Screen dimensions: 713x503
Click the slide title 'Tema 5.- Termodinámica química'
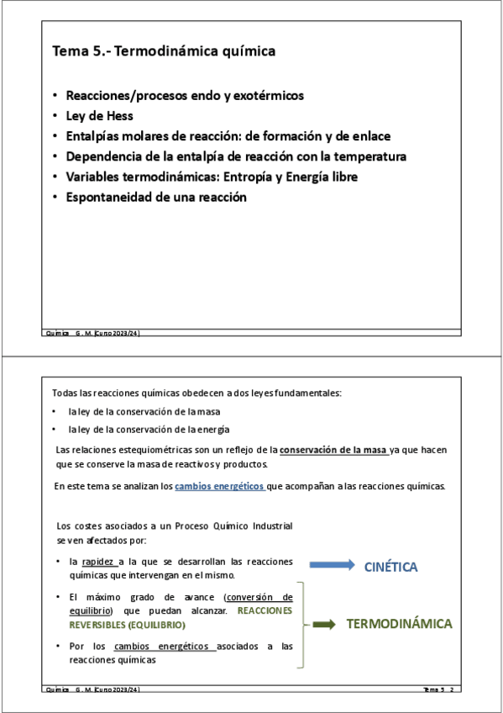[164, 52]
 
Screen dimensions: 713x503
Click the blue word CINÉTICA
[390, 568]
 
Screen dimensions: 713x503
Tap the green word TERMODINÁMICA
[399, 624]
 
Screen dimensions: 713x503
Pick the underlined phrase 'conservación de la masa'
[333, 450]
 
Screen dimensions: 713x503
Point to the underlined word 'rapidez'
[99, 562]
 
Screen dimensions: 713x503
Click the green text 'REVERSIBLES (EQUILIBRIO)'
[127, 626]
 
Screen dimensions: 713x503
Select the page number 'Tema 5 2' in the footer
[438, 689]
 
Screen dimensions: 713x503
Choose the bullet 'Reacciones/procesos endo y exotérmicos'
[185, 95]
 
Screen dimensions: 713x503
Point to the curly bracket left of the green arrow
[301, 624]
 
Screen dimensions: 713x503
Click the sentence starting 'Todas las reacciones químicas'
[196, 393]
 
